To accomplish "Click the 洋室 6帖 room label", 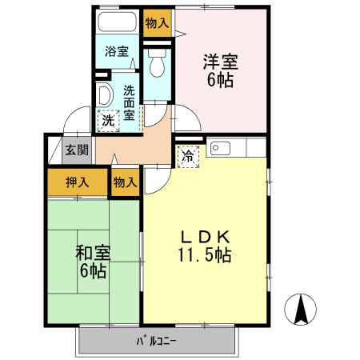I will pos(220,70).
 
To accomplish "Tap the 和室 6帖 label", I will pos(92,262).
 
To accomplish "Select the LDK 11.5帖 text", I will pos(205,246).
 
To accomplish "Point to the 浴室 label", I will pos(118,52).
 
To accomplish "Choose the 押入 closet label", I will pos(76,182).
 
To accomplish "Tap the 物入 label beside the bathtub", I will pos(157,23).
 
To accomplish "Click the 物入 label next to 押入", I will pos(125,182).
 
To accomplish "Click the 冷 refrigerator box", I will pos(187,157).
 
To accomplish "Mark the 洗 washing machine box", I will pos(107,121).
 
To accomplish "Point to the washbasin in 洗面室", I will pos(104,95).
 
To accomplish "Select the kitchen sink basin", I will pos(220,149).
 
